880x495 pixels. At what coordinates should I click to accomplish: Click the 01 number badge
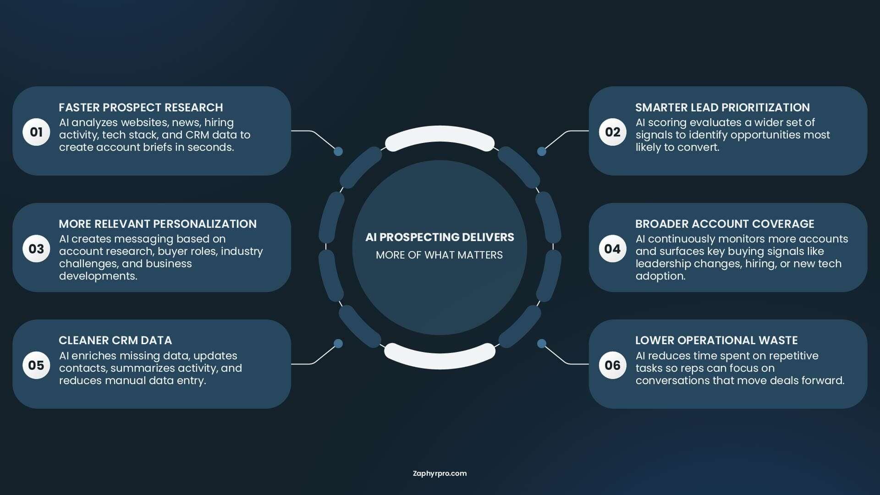[x=36, y=132]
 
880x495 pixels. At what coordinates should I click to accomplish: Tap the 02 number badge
[x=612, y=132]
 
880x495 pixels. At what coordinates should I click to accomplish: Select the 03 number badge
[x=36, y=248]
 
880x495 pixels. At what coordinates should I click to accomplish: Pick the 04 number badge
[x=612, y=248]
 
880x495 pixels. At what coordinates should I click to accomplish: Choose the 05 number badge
[x=36, y=365]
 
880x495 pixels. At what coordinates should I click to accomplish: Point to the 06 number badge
[x=612, y=365]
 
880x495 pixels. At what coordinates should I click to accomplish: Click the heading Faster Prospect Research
[x=141, y=107]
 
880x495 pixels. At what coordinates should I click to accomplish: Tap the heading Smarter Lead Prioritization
[x=722, y=107]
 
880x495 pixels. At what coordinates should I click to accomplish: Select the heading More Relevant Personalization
[x=158, y=224]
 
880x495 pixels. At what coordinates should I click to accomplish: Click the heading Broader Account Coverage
[x=725, y=224]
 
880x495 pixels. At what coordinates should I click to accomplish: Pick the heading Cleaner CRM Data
[x=115, y=340]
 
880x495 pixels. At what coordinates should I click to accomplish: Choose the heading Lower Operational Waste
[x=716, y=340]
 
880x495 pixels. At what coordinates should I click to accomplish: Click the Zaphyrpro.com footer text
[x=440, y=473]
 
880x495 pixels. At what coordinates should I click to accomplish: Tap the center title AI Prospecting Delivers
[x=440, y=237]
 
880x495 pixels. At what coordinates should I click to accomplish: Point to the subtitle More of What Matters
[x=439, y=255]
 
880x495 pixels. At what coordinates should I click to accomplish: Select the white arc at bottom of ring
[x=440, y=362]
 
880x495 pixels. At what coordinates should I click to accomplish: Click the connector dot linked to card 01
[x=338, y=151]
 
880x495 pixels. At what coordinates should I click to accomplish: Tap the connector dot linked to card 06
[x=541, y=343]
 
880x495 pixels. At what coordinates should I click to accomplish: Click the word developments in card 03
[x=98, y=276]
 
